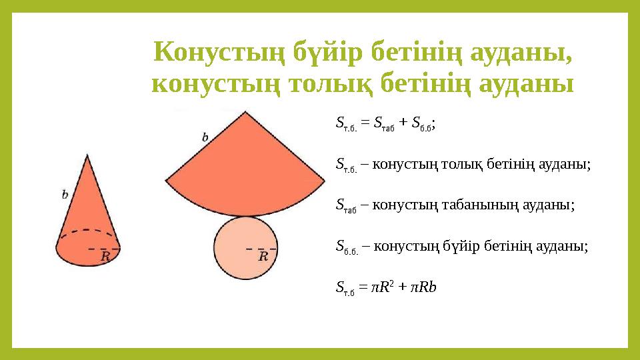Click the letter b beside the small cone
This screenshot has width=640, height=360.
[65, 195]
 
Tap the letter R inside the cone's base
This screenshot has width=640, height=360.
[105, 256]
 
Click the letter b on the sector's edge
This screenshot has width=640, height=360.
[205, 137]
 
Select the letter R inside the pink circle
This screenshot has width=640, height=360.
[263, 255]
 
